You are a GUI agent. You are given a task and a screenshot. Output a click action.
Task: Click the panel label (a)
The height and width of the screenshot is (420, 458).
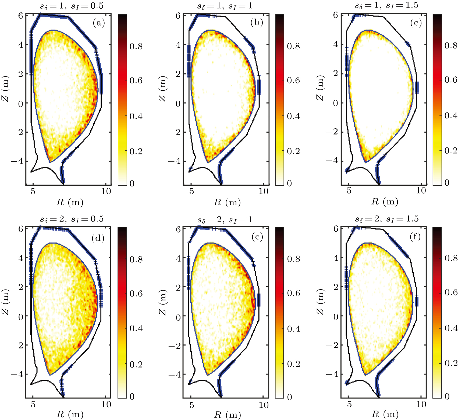[x=99, y=23]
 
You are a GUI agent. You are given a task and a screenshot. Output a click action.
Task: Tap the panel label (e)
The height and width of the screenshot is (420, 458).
[x=257, y=237]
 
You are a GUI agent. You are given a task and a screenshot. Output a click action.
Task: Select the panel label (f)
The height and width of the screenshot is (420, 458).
[x=415, y=237]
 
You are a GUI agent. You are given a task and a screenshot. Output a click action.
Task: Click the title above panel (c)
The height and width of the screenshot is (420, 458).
[x=386, y=5]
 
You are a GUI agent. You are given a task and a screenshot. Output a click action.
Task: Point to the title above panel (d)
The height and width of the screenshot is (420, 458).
[x=72, y=219]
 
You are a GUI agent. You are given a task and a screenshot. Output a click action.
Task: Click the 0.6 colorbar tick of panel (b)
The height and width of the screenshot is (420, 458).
[x=293, y=80]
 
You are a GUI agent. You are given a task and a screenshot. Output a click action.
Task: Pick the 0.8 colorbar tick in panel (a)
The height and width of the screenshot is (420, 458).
[x=136, y=46]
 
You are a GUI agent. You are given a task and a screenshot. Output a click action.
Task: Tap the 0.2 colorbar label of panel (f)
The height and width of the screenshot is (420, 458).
[x=451, y=363]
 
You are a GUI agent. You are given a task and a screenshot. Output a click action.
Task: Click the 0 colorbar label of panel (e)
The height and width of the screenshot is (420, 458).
[x=289, y=397]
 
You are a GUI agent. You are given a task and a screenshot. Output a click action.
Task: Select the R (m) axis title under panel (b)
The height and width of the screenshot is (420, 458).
[x=227, y=202]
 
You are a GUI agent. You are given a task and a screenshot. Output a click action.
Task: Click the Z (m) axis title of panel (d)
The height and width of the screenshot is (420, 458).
[x=5, y=302]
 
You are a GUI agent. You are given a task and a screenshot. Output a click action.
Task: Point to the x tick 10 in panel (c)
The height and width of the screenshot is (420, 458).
[x=421, y=190]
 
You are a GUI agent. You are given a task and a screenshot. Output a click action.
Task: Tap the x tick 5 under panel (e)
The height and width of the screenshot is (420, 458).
[x=191, y=405]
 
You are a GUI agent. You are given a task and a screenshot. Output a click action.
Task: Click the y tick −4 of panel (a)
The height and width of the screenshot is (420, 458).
[x=17, y=161]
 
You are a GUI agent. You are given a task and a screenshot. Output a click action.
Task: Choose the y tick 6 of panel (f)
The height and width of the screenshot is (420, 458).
[x=336, y=229]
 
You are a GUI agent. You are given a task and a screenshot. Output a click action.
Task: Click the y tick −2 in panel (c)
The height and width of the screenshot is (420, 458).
[x=332, y=132]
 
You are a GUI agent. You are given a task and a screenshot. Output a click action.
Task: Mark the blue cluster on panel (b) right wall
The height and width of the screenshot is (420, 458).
[x=259, y=87]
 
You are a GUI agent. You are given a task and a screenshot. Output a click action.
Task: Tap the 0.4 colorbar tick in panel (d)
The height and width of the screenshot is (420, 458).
[x=136, y=328]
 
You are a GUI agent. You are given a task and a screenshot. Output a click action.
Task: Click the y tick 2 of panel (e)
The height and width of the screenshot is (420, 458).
[x=178, y=287]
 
